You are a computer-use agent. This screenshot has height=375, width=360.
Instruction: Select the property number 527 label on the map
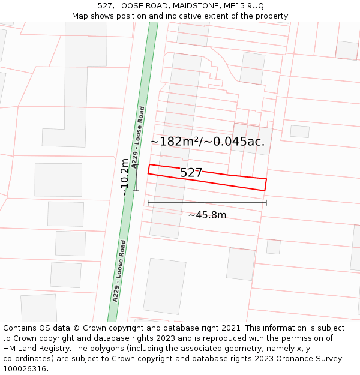click(191, 173)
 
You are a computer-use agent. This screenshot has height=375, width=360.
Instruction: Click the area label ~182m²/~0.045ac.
click(207, 142)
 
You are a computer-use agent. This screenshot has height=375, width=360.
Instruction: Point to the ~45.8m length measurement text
click(207, 215)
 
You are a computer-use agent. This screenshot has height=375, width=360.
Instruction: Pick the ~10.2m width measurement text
click(124, 177)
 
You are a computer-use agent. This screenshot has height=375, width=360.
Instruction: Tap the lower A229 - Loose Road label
click(119, 271)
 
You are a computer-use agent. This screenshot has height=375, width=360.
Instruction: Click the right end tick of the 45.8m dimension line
click(266, 203)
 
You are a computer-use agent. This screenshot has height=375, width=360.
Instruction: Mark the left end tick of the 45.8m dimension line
click(148, 203)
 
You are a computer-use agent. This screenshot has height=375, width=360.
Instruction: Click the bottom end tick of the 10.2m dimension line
click(136, 191)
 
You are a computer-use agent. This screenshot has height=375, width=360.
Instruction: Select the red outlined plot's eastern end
click(265, 184)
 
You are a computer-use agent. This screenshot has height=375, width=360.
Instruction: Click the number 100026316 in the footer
click(25, 369)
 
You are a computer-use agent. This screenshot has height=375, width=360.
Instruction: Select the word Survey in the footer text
click(328, 359)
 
